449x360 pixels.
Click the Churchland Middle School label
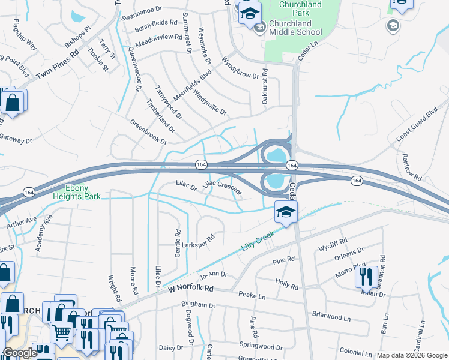coord(295,28)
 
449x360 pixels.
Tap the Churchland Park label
coord(301,9)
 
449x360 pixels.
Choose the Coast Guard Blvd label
coord(417,125)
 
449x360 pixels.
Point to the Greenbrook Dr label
coord(148,131)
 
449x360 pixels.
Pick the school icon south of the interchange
coord(286,212)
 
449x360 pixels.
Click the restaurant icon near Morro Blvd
coord(366,277)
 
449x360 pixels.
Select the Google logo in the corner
coord(20,353)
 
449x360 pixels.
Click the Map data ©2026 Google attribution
coord(412,356)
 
